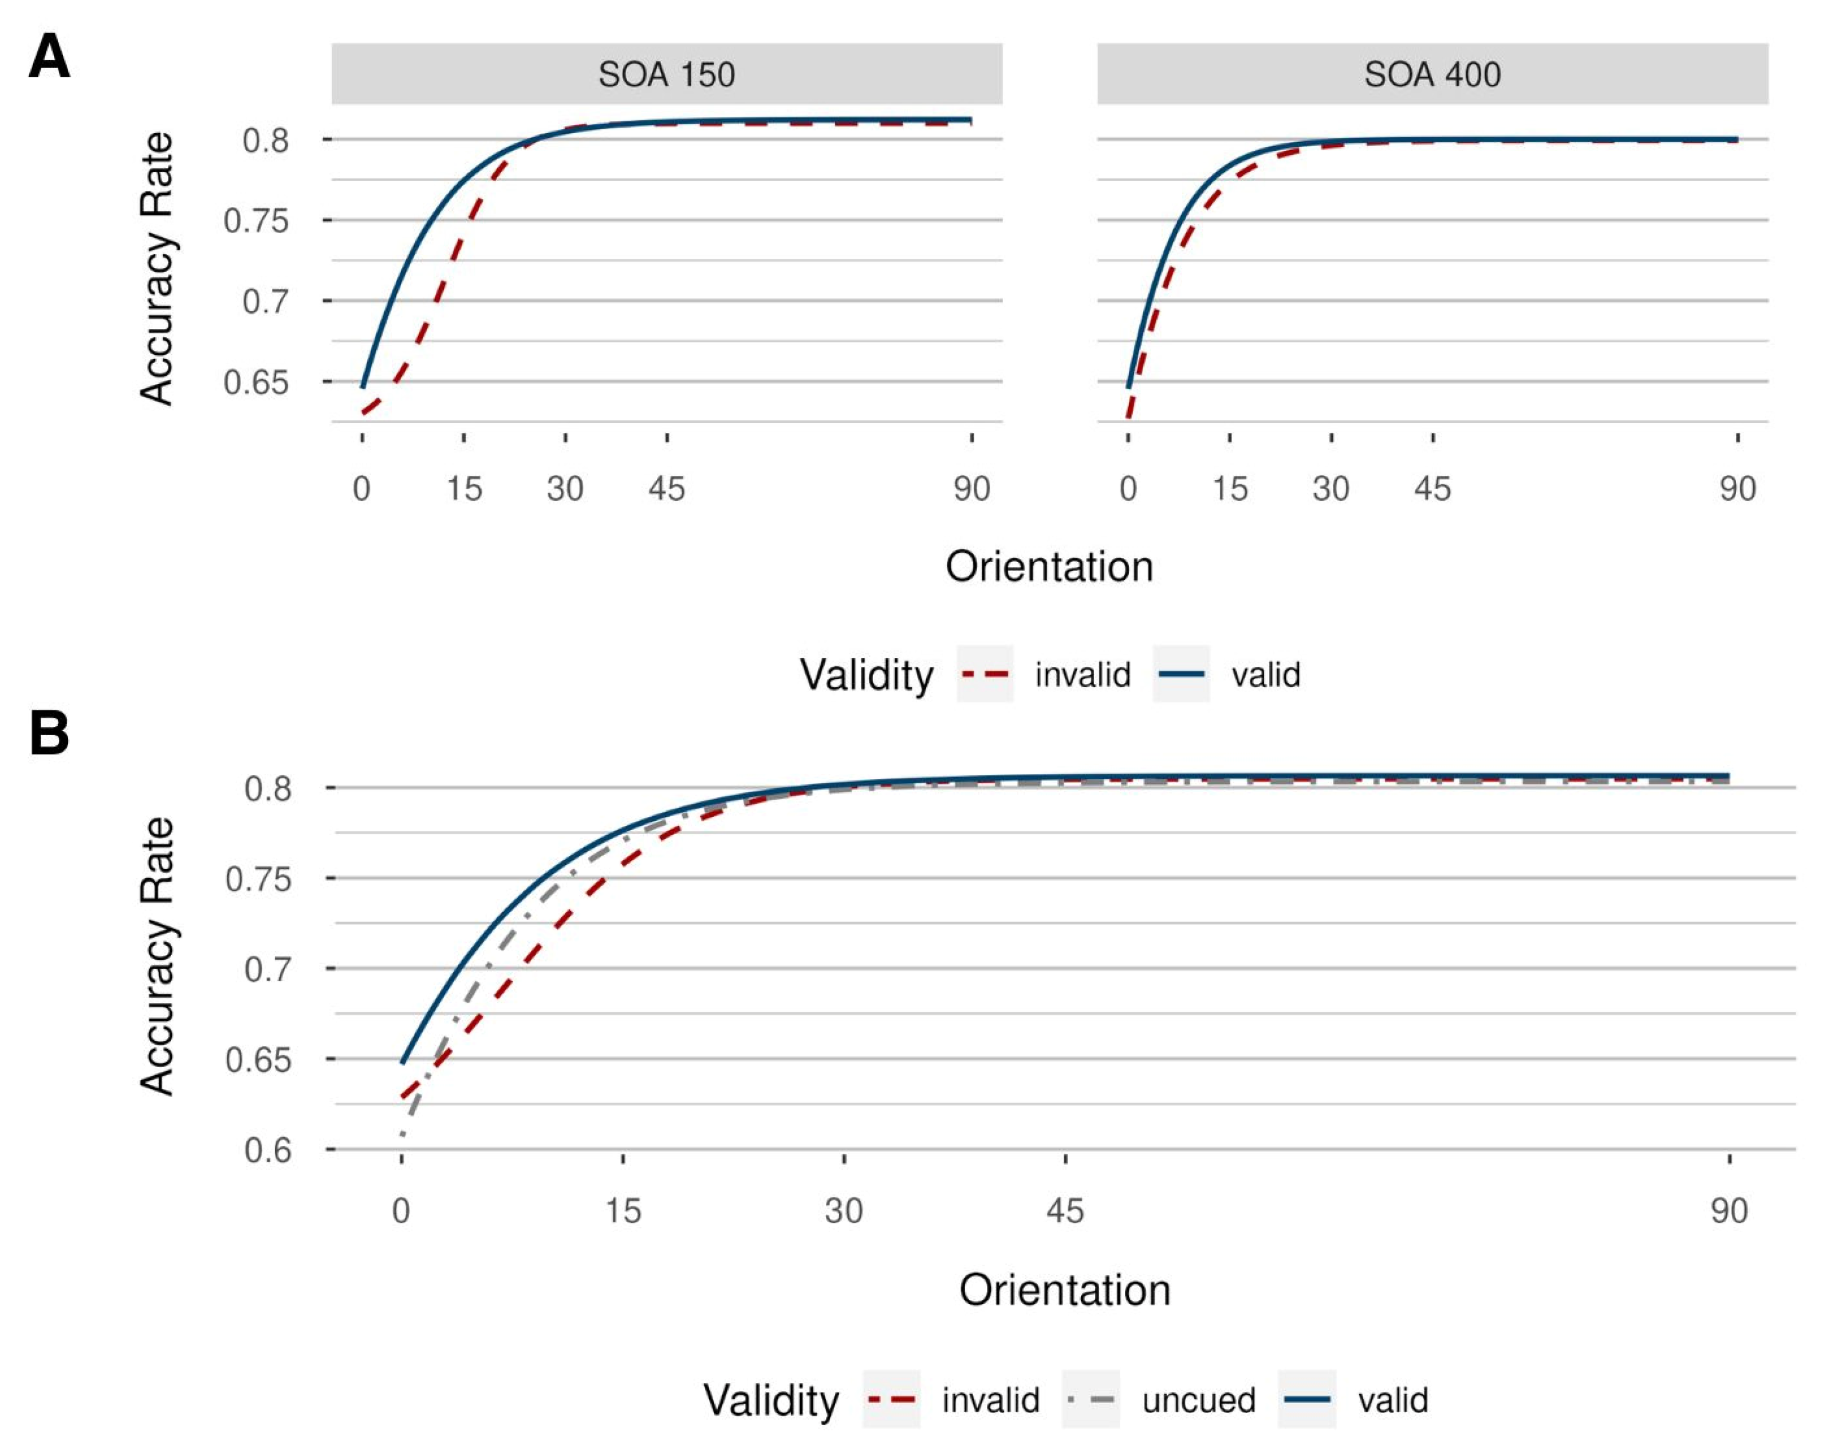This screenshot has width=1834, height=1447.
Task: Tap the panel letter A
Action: tap(49, 57)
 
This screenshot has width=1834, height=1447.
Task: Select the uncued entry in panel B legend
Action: tap(1198, 1401)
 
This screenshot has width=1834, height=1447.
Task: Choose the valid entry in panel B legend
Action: tap(1392, 1401)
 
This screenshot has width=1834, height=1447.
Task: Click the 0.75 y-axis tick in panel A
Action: tap(256, 221)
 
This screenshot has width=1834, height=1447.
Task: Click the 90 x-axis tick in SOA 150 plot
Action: tap(971, 489)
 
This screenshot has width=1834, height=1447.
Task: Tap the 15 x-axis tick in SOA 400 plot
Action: tap(1229, 489)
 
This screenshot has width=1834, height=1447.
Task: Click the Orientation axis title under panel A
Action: tap(1049, 566)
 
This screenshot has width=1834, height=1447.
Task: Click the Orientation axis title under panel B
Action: tap(1064, 1290)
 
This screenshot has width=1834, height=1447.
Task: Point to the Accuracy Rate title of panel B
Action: tap(158, 956)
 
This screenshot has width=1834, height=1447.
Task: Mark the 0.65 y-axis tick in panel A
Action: tap(256, 383)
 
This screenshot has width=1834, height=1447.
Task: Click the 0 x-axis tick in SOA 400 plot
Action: tap(1128, 489)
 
